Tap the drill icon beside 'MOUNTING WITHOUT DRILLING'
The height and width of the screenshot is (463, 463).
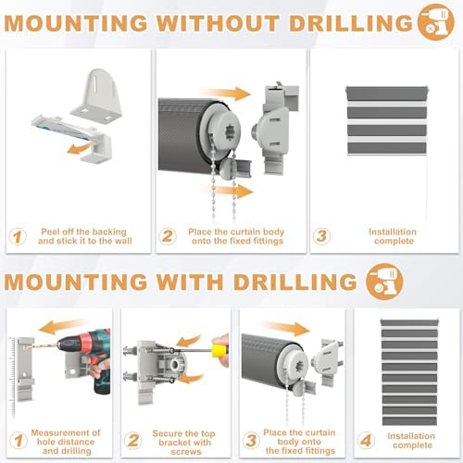[435, 22]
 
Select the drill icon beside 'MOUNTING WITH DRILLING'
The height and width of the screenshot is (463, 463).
[384, 282]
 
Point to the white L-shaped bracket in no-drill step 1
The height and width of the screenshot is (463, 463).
[96, 94]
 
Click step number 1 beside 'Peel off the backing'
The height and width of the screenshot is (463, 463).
[18, 237]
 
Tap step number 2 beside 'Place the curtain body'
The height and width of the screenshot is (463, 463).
[168, 237]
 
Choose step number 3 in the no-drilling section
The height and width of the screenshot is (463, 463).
[321, 236]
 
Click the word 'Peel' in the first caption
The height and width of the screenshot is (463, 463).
[50, 231]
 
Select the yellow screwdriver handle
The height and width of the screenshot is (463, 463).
[219, 350]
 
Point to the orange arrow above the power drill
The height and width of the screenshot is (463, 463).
[62, 327]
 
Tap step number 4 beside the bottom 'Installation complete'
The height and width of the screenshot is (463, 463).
[366, 441]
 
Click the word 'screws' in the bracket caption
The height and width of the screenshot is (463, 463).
[186, 452]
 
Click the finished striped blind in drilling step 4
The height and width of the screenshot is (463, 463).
[409, 372]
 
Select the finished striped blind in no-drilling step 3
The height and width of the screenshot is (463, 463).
[387, 121]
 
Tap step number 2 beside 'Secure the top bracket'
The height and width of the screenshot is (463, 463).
[133, 441]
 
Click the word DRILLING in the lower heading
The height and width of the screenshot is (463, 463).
[295, 282]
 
